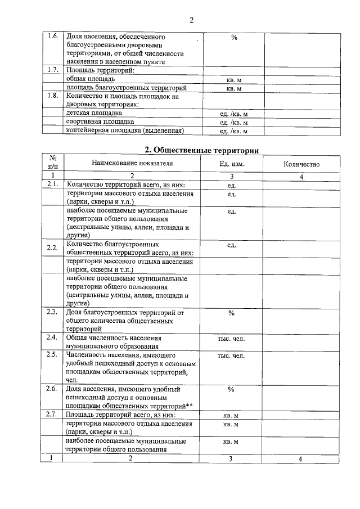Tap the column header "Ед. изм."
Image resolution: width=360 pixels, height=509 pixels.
tap(232, 164)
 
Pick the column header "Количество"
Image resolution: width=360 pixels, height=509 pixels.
tap(301, 164)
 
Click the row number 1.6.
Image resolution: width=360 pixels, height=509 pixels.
tap(53, 37)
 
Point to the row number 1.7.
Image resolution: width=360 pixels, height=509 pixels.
tap(53, 70)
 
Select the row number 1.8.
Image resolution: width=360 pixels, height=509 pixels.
tap(53, 96)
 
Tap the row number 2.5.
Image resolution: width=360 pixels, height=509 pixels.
tap(53, 355)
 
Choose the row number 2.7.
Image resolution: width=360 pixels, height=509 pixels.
tap(53, 415)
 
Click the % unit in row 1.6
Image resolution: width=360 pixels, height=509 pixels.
tap(234, 37)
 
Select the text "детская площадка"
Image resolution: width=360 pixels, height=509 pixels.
tap(94, 113)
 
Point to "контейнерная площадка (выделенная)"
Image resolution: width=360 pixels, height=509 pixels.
tap(124, 130)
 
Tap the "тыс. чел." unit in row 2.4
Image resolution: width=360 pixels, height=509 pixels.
tap(231, 339)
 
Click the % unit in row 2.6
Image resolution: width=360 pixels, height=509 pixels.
tap(231, 389)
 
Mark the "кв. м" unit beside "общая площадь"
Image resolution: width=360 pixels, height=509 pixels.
tap(234, 80)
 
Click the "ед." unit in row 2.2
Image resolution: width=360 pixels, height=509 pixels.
tap(231, 245)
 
